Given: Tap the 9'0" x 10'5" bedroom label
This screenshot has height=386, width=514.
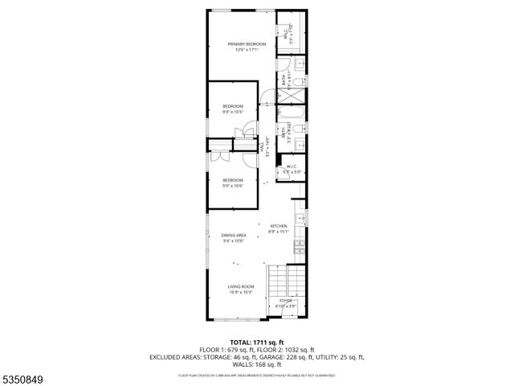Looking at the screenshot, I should [233, 109].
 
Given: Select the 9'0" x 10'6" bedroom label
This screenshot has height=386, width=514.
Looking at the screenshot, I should [233, 183].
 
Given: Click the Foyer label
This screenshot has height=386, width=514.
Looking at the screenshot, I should [287, 303].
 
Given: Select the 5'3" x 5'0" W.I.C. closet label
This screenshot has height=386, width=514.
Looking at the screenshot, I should [290, 170].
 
